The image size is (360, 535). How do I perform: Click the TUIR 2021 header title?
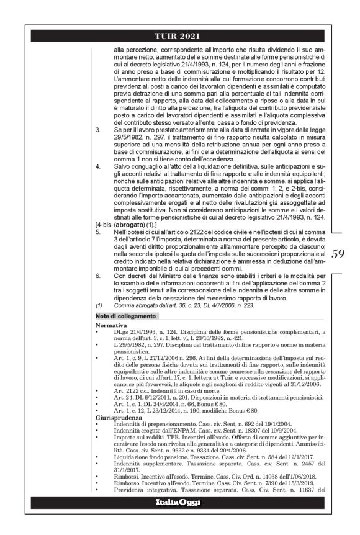pyautogui.click(x=179, y=36)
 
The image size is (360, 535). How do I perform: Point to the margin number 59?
pyautogui.click(x=338, y=253)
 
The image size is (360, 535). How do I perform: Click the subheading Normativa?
pyautogui.click(x=112, y=325)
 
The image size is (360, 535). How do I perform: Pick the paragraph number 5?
pyautogui.click(x=97, y=230)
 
